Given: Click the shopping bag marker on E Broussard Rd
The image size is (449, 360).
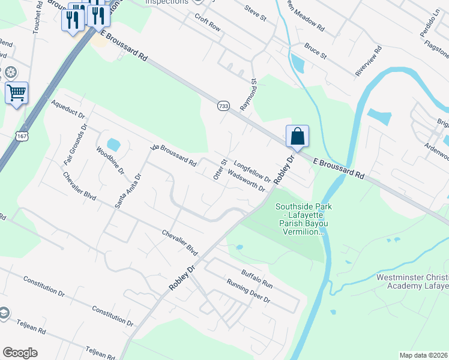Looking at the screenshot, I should (x=297, y=136).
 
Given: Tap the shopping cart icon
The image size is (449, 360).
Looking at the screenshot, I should (x=16, y=93).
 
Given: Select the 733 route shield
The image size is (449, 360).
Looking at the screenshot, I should (x=223, y=106).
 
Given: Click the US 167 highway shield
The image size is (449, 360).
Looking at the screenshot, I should (x=22, y=136).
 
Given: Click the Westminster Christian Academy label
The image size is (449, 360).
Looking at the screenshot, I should (x=412, y=282).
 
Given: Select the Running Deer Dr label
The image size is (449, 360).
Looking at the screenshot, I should (x=249, y=292).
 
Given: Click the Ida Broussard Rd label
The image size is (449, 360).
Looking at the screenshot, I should (x=173, y=155).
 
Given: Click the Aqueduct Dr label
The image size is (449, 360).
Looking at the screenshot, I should (x=68, y=109).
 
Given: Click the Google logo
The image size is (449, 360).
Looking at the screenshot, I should (x=20, y=353).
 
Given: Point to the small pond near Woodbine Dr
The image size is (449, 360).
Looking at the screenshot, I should (x=113, y=145).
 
